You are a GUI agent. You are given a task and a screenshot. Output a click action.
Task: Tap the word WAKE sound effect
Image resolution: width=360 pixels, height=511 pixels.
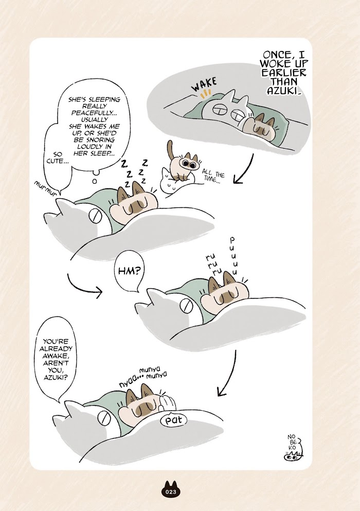pyautogui.click(x=204, y=84)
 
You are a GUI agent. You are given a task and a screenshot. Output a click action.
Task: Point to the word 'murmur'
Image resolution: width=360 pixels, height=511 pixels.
pyautogui.click(x=45, y=189)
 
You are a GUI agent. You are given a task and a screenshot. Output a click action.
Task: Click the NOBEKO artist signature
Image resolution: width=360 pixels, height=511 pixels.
pyautogui.click(x=293, y=448)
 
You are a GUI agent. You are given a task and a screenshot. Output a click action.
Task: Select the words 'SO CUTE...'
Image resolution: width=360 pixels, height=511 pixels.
pyautogui.click(x=57, y=157)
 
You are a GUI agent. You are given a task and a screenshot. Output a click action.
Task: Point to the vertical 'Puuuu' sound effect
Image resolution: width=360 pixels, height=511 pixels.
pyautogui.click(x=233, y=256)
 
